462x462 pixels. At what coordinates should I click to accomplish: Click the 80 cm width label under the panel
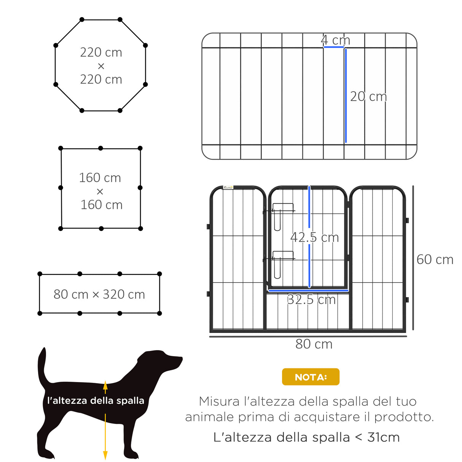tap(314, 344)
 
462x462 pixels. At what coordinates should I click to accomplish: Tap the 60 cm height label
tap(435, 260)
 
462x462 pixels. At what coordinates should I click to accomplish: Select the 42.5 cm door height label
tap(314, 237)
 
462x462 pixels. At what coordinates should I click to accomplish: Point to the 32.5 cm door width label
tap(311, 300)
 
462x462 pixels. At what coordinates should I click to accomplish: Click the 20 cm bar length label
tap(368, 97)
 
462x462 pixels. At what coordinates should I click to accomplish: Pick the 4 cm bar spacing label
tap(335, 40)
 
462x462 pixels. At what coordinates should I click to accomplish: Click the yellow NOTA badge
tap(311, 377)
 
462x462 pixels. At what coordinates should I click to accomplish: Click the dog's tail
tap(42, 365)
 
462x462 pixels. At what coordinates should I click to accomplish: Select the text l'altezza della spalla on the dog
tap(96, 401)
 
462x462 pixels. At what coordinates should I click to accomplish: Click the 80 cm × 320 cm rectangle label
tap(99, 294)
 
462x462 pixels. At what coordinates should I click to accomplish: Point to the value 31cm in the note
tap(383, 438)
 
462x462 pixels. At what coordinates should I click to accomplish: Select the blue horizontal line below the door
tap(308, 291)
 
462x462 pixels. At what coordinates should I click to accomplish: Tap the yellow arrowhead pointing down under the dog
tap(105, 455)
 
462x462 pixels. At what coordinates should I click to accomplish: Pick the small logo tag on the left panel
tap(228, 187)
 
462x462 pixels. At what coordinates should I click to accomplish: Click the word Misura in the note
tap(220, 401)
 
